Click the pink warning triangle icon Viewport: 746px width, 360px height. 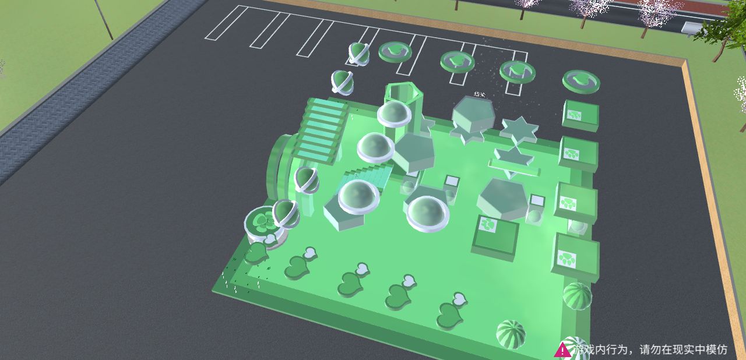(562, 350)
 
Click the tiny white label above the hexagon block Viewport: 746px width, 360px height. (480, 94)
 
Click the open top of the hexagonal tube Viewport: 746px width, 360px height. (403, 91)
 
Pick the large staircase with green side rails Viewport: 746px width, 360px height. (321, 130)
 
